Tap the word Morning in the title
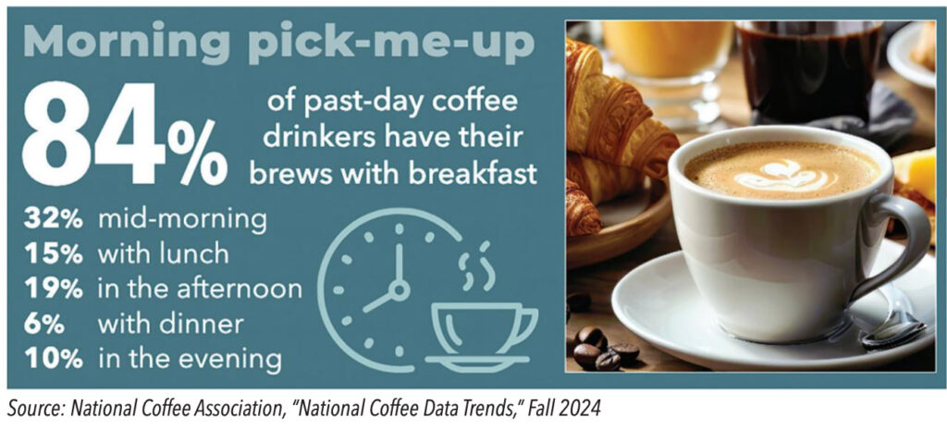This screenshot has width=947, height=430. coord(127,42)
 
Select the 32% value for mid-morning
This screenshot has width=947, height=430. coord(53,220)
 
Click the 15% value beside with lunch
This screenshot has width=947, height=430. coord(53,255)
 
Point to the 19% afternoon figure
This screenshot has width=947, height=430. coord(53,289)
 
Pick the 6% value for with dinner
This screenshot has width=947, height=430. coord(44,325)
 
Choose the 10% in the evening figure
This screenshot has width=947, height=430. coord(53,360)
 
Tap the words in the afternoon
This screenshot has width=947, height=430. coord(200,289)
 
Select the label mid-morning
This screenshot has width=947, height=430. coord(182,221)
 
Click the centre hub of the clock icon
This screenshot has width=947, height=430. coord(398,290)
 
